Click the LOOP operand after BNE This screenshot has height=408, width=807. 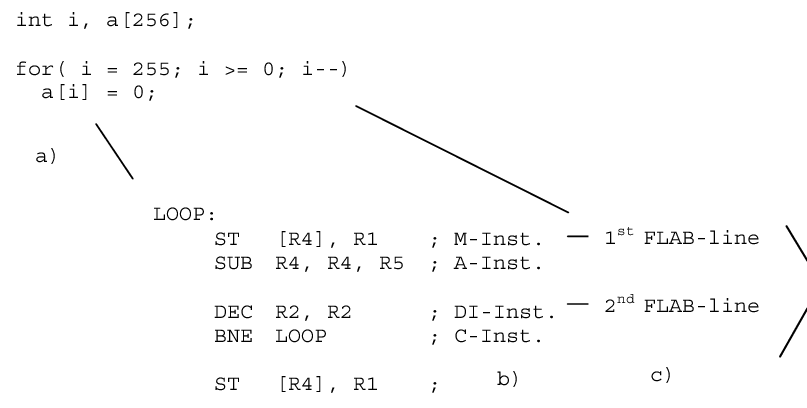click(301, 336)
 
